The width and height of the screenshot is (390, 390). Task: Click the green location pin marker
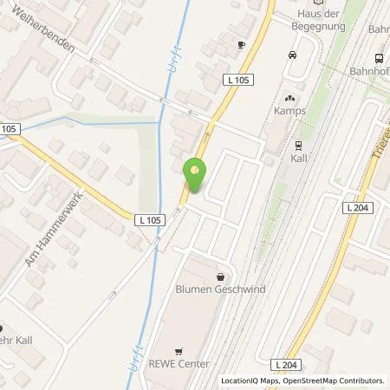tap(197, 176)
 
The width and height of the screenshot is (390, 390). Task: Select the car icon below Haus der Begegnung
tap(292, 55)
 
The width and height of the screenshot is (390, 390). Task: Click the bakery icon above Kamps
tap(290, 99)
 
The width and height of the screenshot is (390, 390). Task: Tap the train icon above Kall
tap(298, 146)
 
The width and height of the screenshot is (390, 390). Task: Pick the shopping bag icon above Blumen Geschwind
tap(219, 274)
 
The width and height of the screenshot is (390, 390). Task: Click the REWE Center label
tap(181, 364)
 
